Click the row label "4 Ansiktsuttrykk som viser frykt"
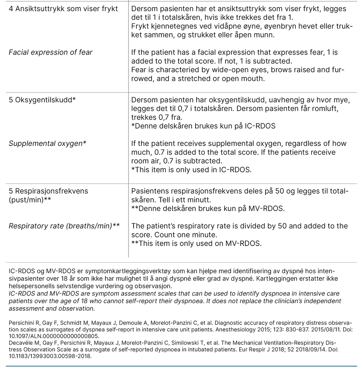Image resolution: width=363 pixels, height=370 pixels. pyautogui.click(x=63, y=8)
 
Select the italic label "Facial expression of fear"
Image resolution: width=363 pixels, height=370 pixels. pyautogui.click(x=51, y=52)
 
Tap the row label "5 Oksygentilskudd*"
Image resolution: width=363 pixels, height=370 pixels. pyautogui.click(x=42, y=100)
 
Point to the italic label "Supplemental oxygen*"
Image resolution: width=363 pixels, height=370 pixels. pyautogui.click(x=47, y=143)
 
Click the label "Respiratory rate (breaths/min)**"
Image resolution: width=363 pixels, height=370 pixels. pyautogui.click(x=64, y=226)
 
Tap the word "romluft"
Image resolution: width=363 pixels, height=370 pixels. pyautogui.click(x=323, y=109)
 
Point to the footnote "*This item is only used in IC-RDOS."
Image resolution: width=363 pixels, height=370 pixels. pyautogui.click(x=191, y=169)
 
